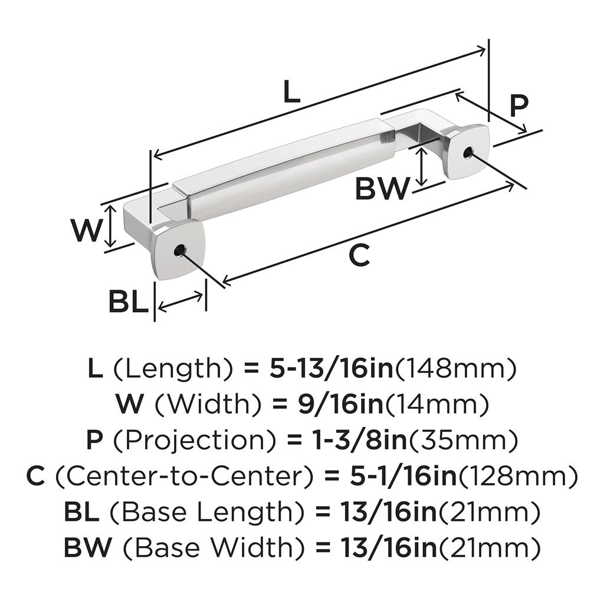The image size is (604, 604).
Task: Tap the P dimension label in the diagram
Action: coord(518,106)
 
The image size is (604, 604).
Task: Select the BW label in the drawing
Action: coord(382,189)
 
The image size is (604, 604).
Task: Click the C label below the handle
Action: coord(359,255)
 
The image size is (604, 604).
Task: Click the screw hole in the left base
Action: coord(179,251)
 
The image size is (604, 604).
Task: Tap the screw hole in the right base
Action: coord(468,153)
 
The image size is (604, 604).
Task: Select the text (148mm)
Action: coord(454,370)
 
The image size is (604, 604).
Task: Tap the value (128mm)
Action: coord(516,477)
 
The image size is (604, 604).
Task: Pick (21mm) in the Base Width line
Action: coord(488,548)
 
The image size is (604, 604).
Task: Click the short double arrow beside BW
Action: coord(422,166)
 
